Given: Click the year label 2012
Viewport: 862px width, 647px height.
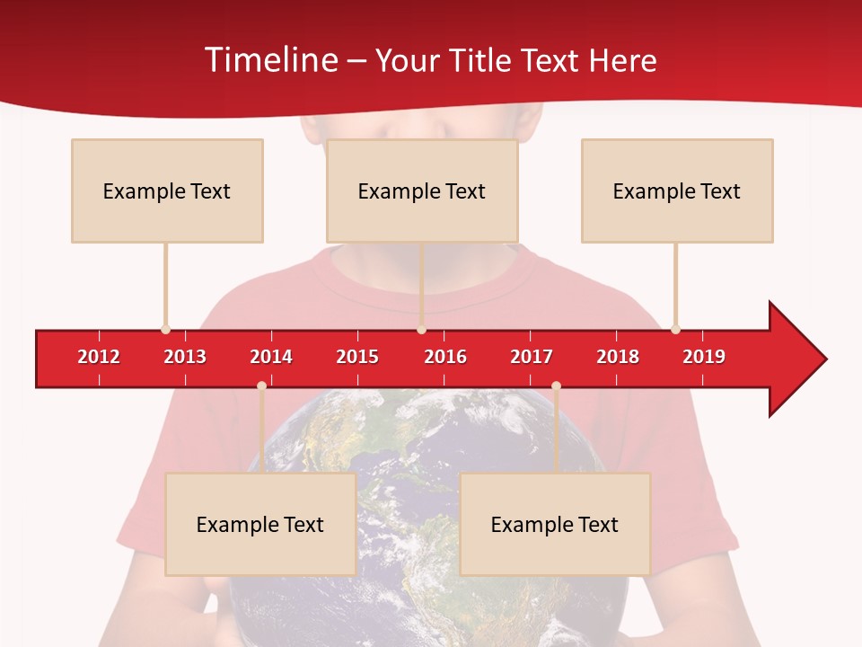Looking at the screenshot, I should (99, 357).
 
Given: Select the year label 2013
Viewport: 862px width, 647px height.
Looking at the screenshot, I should (185, 357).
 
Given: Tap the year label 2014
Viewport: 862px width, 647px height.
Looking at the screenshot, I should (271, 357).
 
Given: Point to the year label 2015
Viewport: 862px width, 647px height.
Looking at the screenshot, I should (357, 357).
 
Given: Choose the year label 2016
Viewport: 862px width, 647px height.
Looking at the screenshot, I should (445, 357).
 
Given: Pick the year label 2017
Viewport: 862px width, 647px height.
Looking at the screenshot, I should (532, 357).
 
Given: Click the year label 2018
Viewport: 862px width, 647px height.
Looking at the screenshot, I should (618, 357).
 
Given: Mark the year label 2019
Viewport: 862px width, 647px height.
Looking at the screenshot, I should (704, 357).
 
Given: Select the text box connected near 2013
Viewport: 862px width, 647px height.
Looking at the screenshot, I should (167, 191).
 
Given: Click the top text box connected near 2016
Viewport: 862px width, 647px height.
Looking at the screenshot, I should (422, 191).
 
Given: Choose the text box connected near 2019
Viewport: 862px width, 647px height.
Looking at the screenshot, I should (677, 191).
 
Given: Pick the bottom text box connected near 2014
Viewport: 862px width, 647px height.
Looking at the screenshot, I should (260, 524).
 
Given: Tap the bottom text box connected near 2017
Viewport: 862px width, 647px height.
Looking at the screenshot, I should (555, 524).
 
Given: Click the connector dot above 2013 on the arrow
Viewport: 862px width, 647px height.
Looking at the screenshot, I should (165, 329).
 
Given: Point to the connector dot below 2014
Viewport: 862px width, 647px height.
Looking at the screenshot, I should (261, 386).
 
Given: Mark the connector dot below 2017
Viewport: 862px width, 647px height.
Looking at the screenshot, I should (556, 386).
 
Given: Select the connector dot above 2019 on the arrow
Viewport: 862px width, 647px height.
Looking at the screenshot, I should (675, 329).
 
